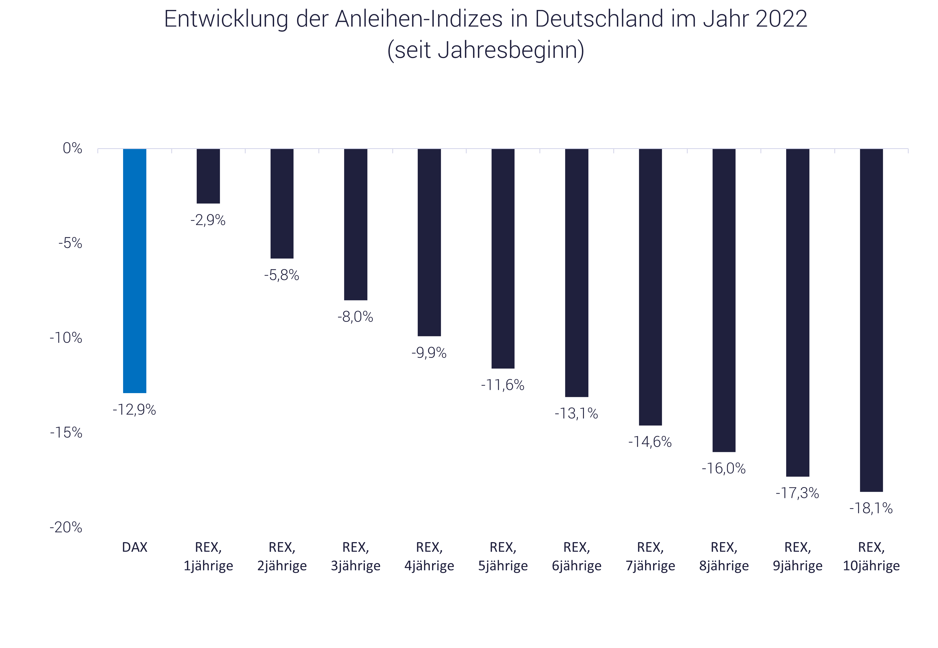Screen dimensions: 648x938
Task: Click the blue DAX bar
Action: point(134,271)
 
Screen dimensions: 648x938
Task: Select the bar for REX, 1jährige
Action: point(208,176)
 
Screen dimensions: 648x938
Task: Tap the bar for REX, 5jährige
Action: point(503,259)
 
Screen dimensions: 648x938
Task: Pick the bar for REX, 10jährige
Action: point(871,320)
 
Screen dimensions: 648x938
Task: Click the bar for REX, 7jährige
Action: point(650,287)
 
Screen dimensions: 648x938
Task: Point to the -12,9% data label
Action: point(134,410)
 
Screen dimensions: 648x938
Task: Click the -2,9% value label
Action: point(208,220)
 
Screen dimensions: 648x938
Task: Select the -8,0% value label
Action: point(355,317)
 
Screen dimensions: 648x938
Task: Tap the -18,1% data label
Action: point(871,508)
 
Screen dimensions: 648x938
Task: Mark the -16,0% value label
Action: point(724,469)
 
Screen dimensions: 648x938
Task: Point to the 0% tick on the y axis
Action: point(72,149)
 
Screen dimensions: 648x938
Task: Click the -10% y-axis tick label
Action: point(66,338)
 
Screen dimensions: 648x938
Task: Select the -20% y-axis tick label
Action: point(66,528)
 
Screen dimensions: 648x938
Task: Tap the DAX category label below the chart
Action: point(134,547)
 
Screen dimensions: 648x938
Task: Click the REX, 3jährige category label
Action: point(355,556)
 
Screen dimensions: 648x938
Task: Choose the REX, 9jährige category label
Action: point(797,556)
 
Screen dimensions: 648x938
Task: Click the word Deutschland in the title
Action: point(599,19)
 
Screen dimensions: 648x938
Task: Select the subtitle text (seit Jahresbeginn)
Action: point(485,50)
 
